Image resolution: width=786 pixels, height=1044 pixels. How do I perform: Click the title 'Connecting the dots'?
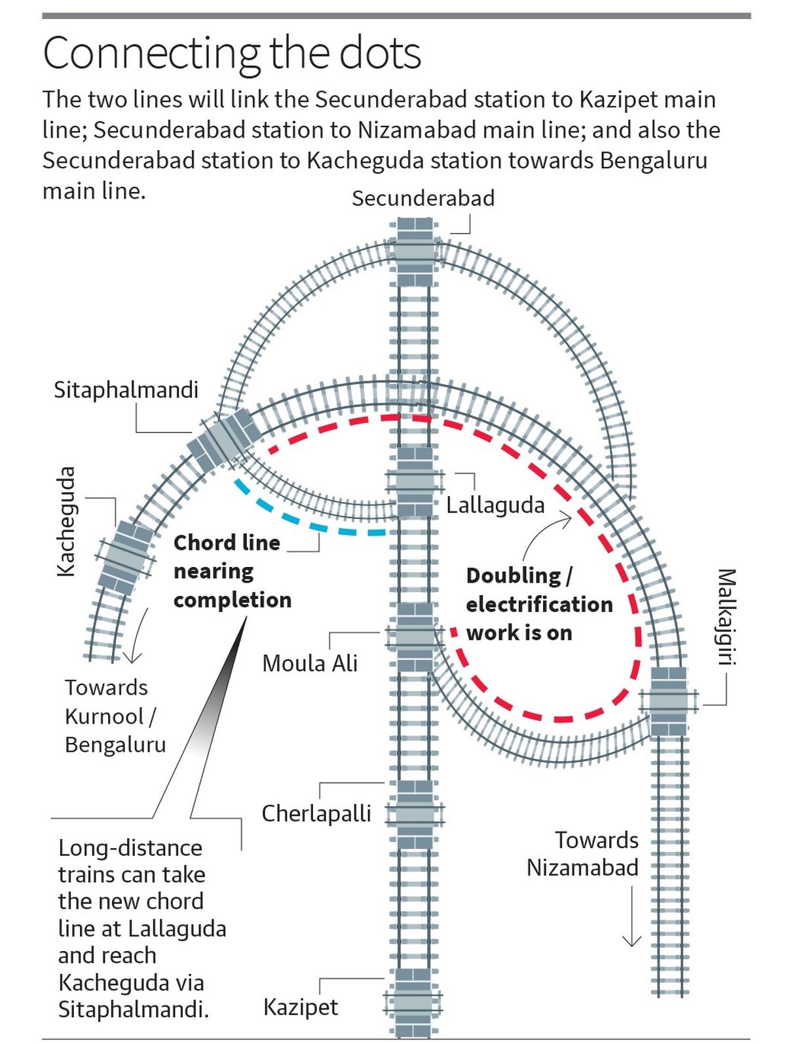[x=232, y=54]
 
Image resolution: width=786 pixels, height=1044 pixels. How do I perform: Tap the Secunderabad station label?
[x=423, y=198]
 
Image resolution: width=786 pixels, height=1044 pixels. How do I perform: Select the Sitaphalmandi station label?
[x=126, y=390]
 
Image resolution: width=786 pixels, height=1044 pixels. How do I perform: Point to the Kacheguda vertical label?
[x=65, y=521]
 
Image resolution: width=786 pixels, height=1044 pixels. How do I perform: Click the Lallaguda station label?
[x=495, y=505]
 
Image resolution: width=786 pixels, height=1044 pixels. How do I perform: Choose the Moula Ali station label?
[x=310, y=663]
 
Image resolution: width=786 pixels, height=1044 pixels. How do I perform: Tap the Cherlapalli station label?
[x=316, y=813]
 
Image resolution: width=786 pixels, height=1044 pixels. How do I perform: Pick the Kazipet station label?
[x=301, y=1007]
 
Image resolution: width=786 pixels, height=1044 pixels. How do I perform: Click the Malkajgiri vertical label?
[x=726, y=616]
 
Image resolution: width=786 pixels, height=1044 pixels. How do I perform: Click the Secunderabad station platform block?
[x=415, y=252]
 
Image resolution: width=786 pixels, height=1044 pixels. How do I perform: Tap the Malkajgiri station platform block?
[x=669, y=701]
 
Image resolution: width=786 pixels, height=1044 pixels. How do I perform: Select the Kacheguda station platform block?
[x=124, y=556]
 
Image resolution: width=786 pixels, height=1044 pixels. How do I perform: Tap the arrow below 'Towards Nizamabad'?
[x=631, y=918]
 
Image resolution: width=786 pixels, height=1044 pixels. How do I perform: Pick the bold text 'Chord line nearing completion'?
[x=232, y=571]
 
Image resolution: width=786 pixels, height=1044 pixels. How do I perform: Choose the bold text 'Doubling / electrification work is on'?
[x=538, y=604]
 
